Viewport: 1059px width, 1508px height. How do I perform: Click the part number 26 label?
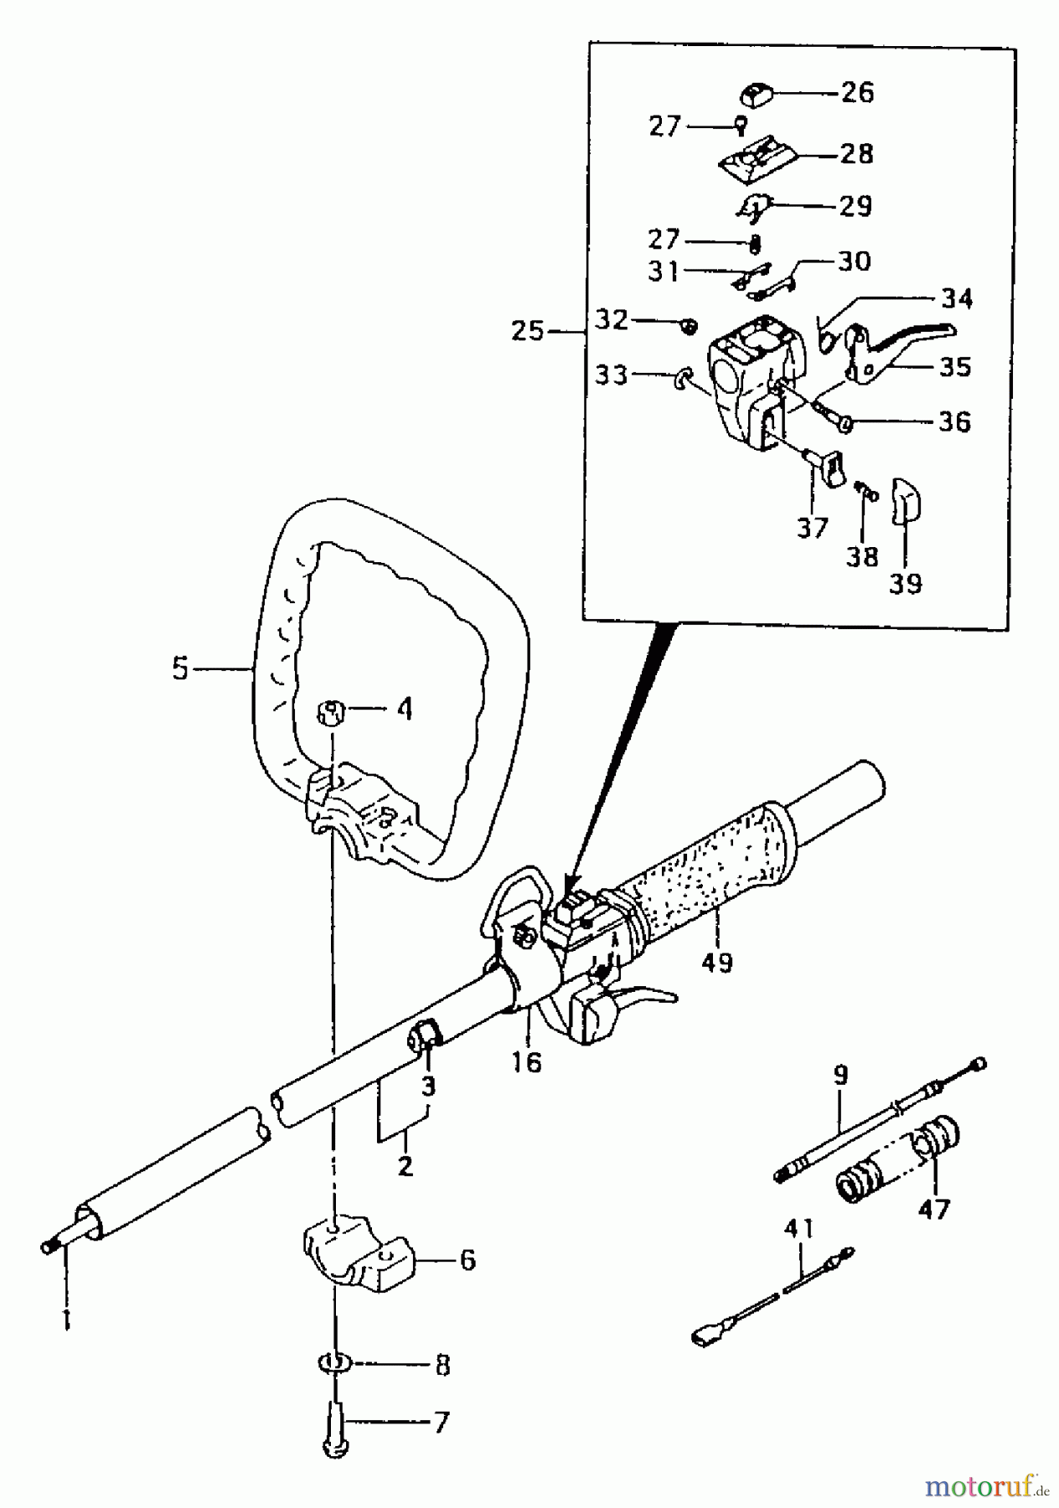(x=856, y=92)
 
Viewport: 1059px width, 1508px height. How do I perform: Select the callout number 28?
(x=856, y=154)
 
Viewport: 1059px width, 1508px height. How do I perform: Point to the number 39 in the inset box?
(x=905, y=582)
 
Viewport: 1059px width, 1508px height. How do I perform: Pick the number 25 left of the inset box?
(x=529, y=331)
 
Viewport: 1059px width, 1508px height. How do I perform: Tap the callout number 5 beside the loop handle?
(x=181, y=670)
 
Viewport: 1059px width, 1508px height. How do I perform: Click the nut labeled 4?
(x=332, y=715)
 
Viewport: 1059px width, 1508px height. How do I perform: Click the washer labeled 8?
(x=335, y=1364)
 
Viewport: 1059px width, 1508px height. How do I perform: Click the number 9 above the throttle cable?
(x=840, y=1074)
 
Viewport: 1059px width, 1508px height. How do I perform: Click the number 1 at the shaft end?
(x=66, y=1320)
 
